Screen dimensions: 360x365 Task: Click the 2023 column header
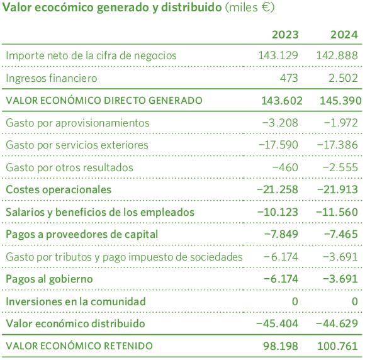coord(285,35)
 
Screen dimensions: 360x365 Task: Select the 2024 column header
coord(344,35)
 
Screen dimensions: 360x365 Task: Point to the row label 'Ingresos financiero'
coord(52,78)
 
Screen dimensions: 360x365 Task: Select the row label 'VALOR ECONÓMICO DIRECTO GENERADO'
coord(104,100)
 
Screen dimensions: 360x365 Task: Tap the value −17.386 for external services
coord(339,145)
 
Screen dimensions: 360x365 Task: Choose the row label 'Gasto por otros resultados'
coord(69,167)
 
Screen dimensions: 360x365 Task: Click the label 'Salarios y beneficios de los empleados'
coord(100,212)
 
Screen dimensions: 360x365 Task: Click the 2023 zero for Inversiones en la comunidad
coord(295,301)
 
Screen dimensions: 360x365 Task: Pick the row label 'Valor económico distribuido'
coord(76,323)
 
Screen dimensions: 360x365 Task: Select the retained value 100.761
coord(339,346)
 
